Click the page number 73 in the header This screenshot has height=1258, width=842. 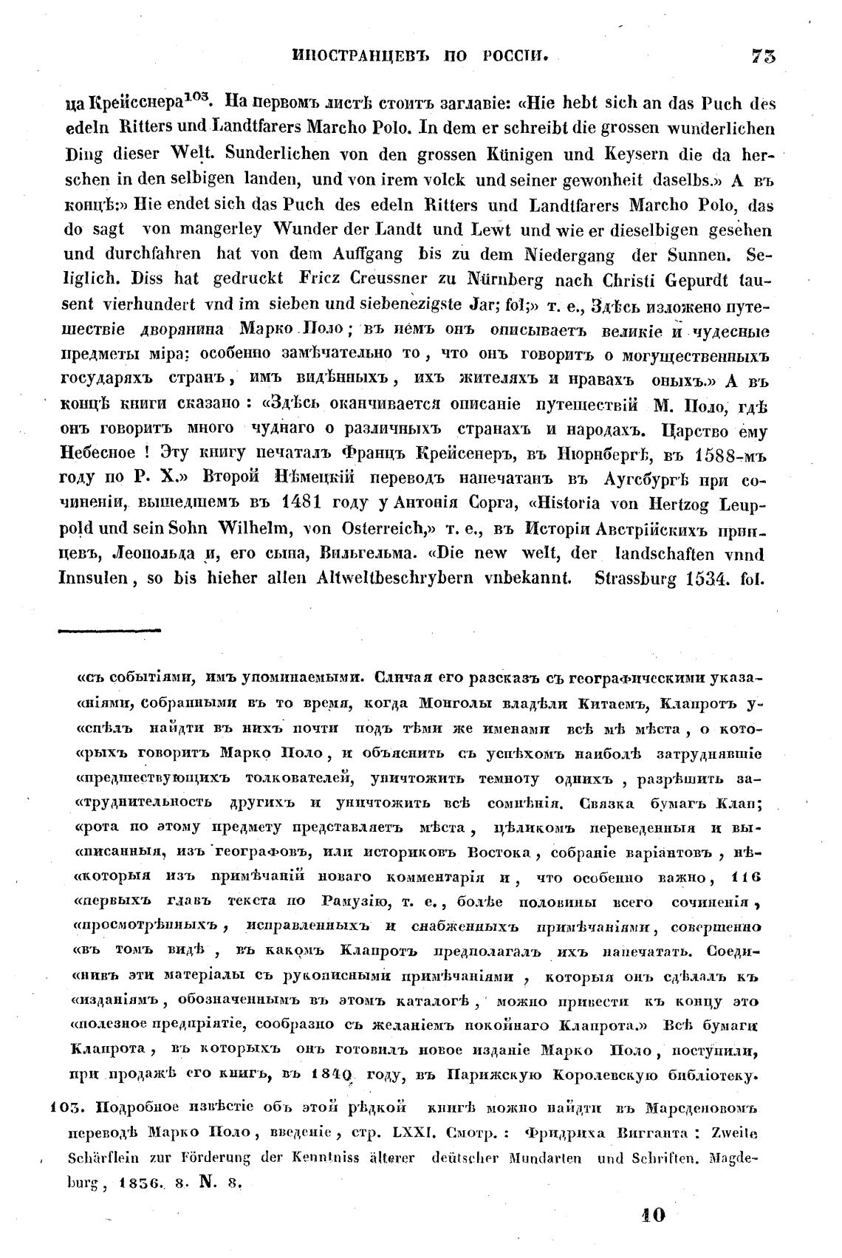tap(764, 56)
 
